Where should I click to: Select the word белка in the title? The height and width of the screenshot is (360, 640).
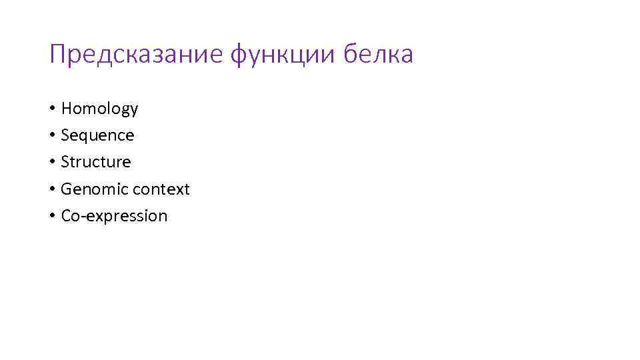pyautogui.click(x=378, y=55)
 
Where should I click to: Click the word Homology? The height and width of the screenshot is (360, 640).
pyautogui.click(x=99, y=109)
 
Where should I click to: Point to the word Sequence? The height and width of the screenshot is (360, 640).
pyautogui.click(x=97, y=135)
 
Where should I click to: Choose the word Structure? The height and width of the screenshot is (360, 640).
pyautogui.click(x=96, y=162)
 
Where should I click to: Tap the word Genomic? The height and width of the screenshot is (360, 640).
pyautogui.click(x=94, y=189)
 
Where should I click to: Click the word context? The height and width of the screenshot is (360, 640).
pyautogui.click(x=161, y=189)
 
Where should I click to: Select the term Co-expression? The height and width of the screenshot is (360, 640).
pyautogui.click(x=114, y=216)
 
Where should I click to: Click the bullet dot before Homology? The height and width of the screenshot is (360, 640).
pyautogui.click(x=52, y=109)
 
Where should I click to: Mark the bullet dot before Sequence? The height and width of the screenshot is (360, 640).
pyautogui.click(x=52, y=135)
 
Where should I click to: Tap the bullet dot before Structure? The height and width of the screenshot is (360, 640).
pyautogui.click(x=52, y=162)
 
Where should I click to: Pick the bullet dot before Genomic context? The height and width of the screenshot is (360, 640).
pyautogui.click(x=52, y=189)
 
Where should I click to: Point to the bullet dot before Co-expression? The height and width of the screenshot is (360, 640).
pyautogui.click(x=52, y=216)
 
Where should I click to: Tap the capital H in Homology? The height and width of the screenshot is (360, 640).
pyautogui.click(x=66, y=109)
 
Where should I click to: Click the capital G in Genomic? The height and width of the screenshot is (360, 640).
pyautogui.click(x=65, y=189)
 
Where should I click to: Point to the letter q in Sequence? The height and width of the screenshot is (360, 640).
pyautogui.click(x=85, y=137)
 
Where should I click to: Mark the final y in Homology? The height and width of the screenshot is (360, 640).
pyautogui.click(x=133, y=111)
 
